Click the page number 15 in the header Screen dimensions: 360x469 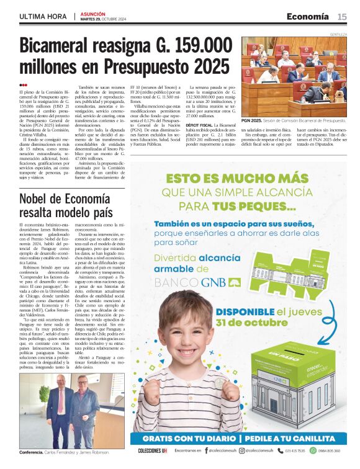342,16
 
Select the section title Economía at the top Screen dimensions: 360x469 308,16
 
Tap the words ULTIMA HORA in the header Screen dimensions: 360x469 43,16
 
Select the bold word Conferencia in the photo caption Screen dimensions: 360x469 31,452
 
